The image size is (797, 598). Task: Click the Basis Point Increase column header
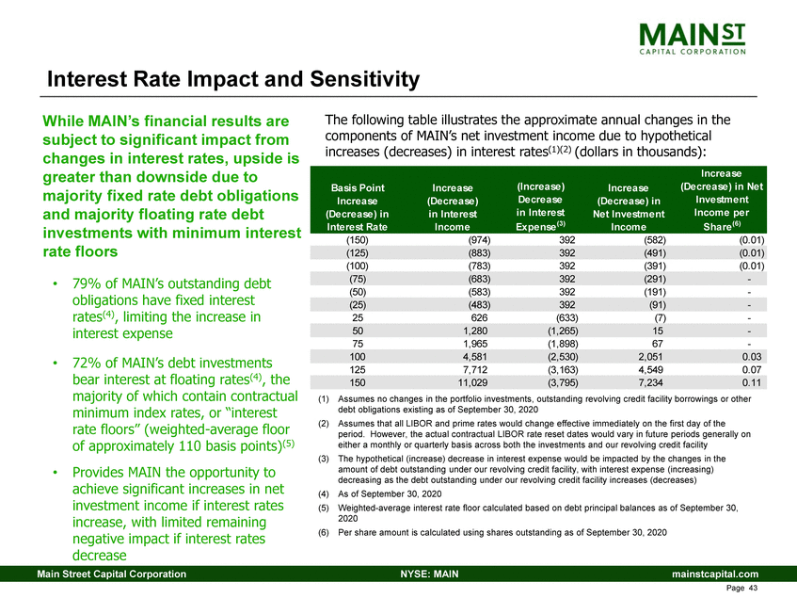350,206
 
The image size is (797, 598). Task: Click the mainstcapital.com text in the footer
712,574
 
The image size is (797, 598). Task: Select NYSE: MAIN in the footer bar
422,574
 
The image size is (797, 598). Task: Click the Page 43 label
742,589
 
